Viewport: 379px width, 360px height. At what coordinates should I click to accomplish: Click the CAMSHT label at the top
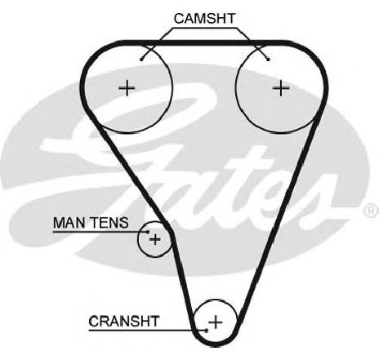click(x=204, y=19)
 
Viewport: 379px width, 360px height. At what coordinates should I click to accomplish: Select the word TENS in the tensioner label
click(x=109, y=223)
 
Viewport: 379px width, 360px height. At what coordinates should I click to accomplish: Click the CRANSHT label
click(x=123, y=321)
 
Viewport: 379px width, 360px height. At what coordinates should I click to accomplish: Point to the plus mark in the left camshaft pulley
click(x=127, y=88)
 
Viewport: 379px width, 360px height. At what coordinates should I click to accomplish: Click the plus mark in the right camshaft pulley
click(x=281, y=88)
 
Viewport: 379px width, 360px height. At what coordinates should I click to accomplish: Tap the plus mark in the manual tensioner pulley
click(x=155, y=239)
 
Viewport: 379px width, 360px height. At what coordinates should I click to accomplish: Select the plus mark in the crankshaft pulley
click(x=216, y=322)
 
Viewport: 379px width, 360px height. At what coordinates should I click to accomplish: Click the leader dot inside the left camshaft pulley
click(x=141, y=60)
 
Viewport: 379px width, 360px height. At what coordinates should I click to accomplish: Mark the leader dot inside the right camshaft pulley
click(x=269, y=60)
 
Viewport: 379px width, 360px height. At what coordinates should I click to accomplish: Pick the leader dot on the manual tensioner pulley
click(x=148, y=232)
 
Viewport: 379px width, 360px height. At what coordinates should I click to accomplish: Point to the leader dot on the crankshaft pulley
click(x=207, y=331)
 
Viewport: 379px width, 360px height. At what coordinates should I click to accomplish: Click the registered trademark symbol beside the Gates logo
click(x=371, y=210)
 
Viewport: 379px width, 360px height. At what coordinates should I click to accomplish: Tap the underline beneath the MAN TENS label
click(x=100, y=232)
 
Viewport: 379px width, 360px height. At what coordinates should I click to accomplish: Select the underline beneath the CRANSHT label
click(x=148, y=331)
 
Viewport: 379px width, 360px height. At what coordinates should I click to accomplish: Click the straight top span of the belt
click(x=205, y=42)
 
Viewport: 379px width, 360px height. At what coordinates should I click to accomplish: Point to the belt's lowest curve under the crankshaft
click(x=216, y=344)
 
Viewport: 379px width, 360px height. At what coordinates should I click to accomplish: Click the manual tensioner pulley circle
click(x=139, y=239)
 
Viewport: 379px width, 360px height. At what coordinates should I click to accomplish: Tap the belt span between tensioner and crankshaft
click(x=183, y=280)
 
